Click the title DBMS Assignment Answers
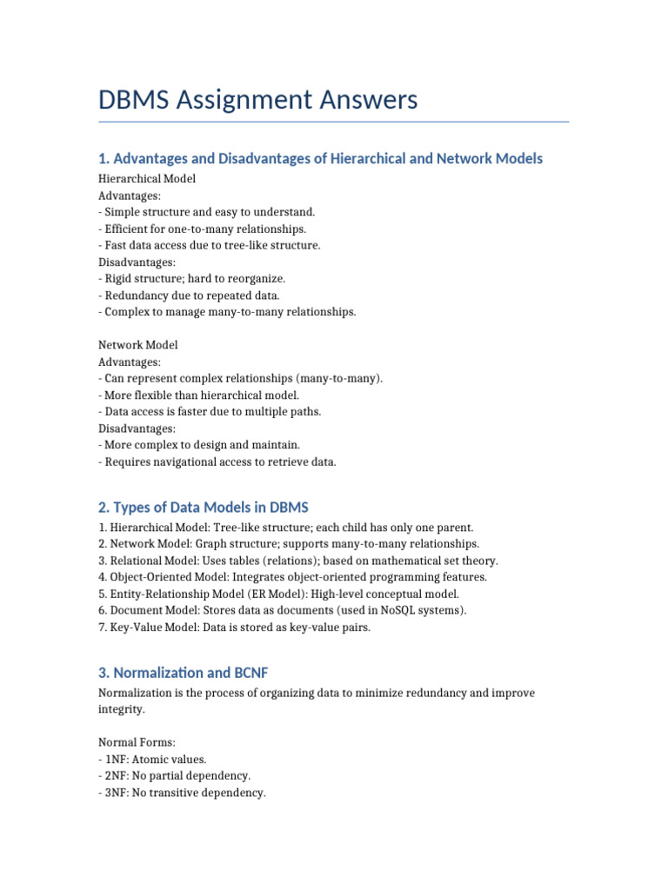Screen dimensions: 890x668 coord(258,100)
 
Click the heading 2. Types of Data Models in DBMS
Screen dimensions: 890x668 coord(203,507)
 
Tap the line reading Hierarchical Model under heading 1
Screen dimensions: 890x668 coord(147,178)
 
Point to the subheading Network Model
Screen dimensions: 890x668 coord(138,345)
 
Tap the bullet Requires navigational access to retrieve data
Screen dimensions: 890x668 coord(217,462)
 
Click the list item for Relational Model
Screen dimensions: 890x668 coord(298,561)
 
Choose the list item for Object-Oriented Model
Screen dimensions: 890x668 coord(293,577)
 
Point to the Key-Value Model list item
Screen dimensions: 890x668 coord(234,628)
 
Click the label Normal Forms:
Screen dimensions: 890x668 coord(137,743)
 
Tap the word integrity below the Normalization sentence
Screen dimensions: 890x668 coord(122,710)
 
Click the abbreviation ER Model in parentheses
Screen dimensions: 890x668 coord(280,594)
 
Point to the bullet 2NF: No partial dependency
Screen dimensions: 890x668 coord(175,776)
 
